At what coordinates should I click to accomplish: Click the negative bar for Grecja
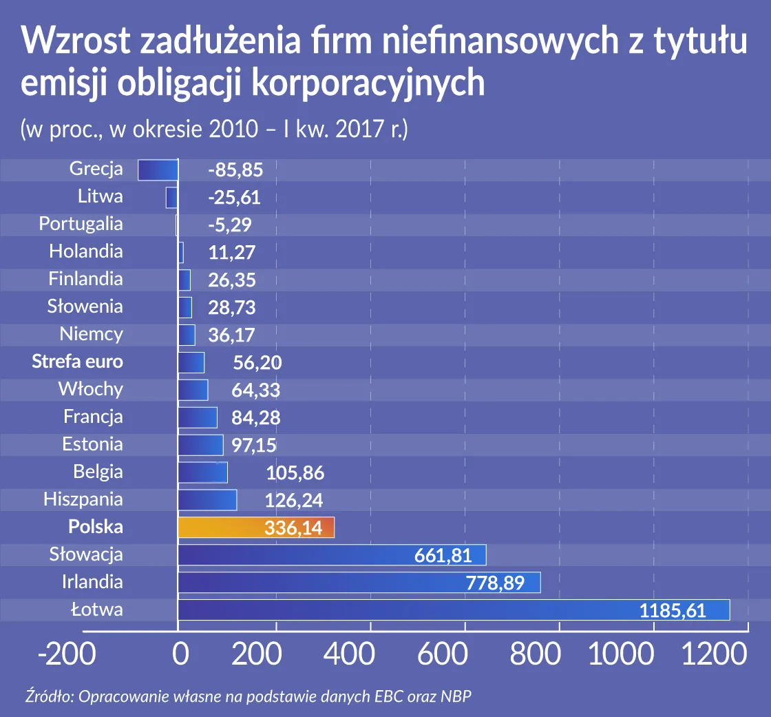pos(158,169)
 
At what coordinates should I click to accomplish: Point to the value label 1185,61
pos(673,610)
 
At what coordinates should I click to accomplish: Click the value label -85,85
pos(235,170)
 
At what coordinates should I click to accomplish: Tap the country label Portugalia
pos(81,224)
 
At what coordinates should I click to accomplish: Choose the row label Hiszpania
pos(83,499)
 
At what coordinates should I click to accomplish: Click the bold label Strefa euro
pos(78,362)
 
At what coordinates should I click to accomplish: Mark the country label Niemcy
pos(92,334)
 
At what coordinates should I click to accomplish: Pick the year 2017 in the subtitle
pos(361,129)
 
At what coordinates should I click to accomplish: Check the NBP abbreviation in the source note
pos(457,696)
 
